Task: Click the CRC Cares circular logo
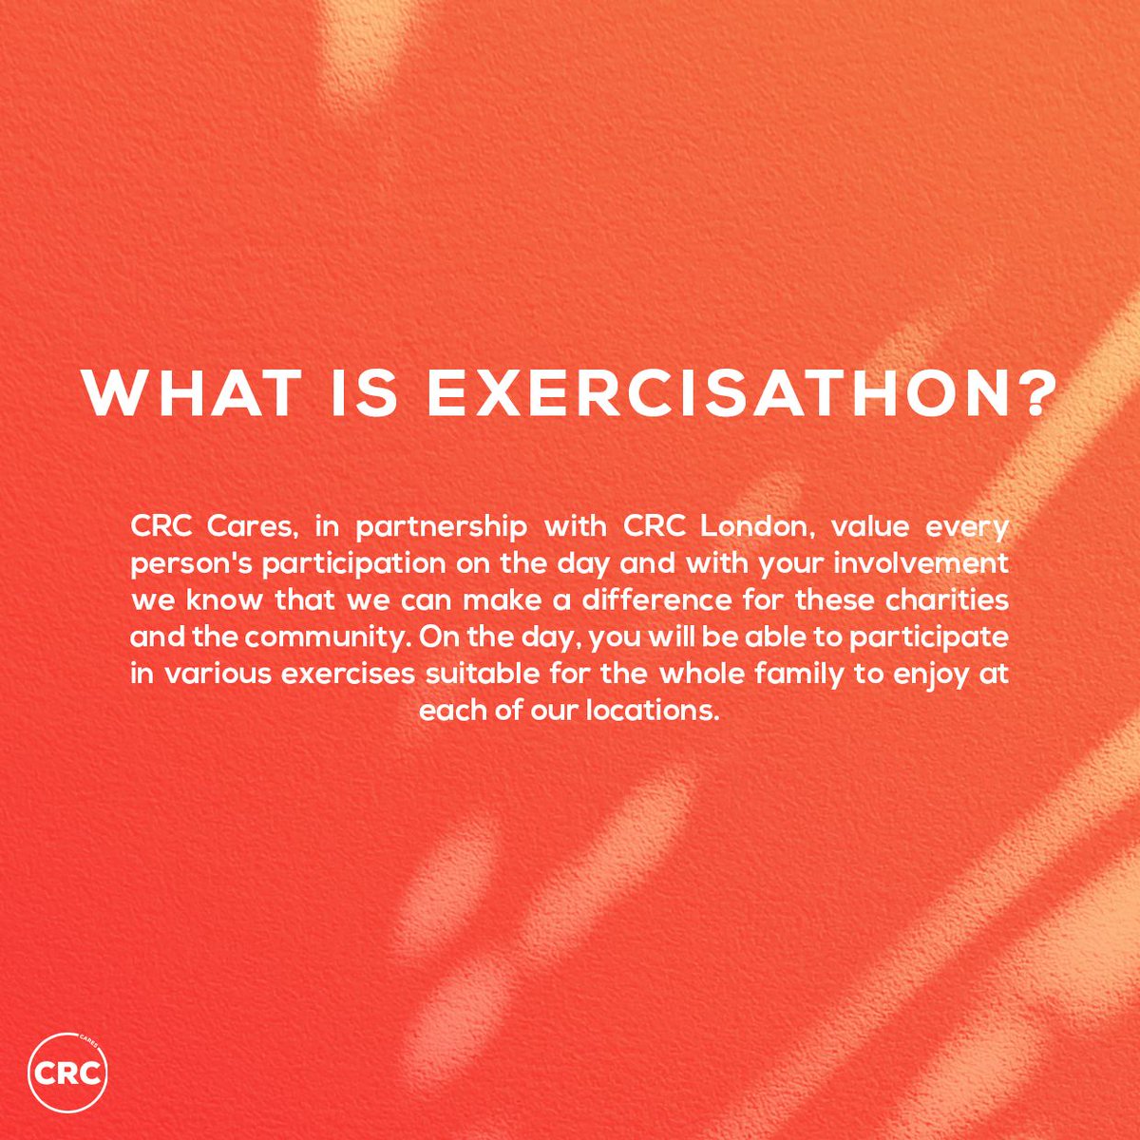67,1073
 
